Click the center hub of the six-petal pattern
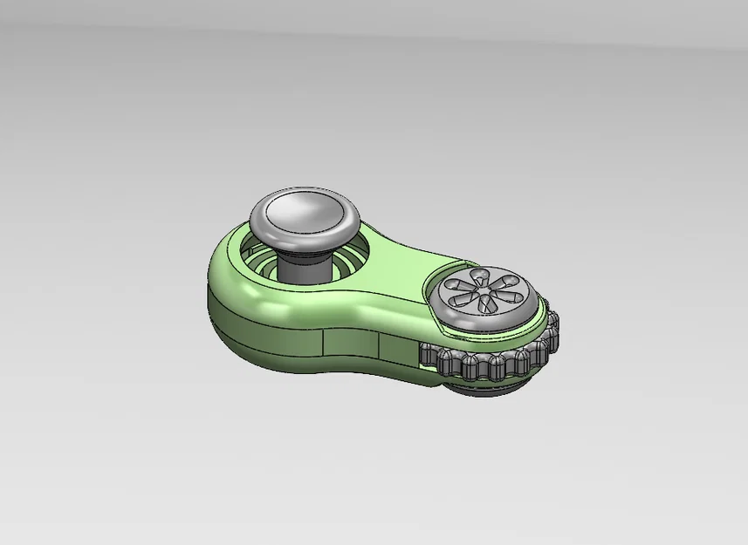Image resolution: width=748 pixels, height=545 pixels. (x=481, y=289)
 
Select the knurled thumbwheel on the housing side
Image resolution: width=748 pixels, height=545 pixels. (x=489, y=361)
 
